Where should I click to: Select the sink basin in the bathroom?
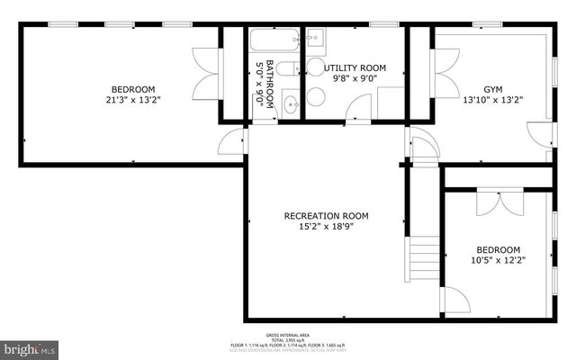tap(290, 103)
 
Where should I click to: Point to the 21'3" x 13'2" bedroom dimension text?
tap(133, 102)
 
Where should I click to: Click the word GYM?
tap(492, 89)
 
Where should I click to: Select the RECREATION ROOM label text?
tap(326, 216)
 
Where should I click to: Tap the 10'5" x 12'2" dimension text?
tap(498, 261)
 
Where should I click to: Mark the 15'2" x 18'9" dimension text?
tap(326, 227)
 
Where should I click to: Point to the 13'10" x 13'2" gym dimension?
tap(492, 101)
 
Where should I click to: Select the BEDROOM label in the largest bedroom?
tap(133, 89)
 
